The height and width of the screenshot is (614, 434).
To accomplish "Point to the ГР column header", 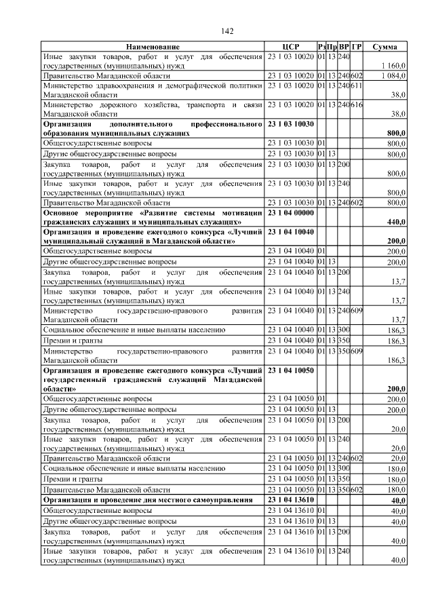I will (x=357, y=47).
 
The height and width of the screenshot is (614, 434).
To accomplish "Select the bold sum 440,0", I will (x=395, y=222).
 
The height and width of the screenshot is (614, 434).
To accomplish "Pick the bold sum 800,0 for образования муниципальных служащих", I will (x=395, y=134).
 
